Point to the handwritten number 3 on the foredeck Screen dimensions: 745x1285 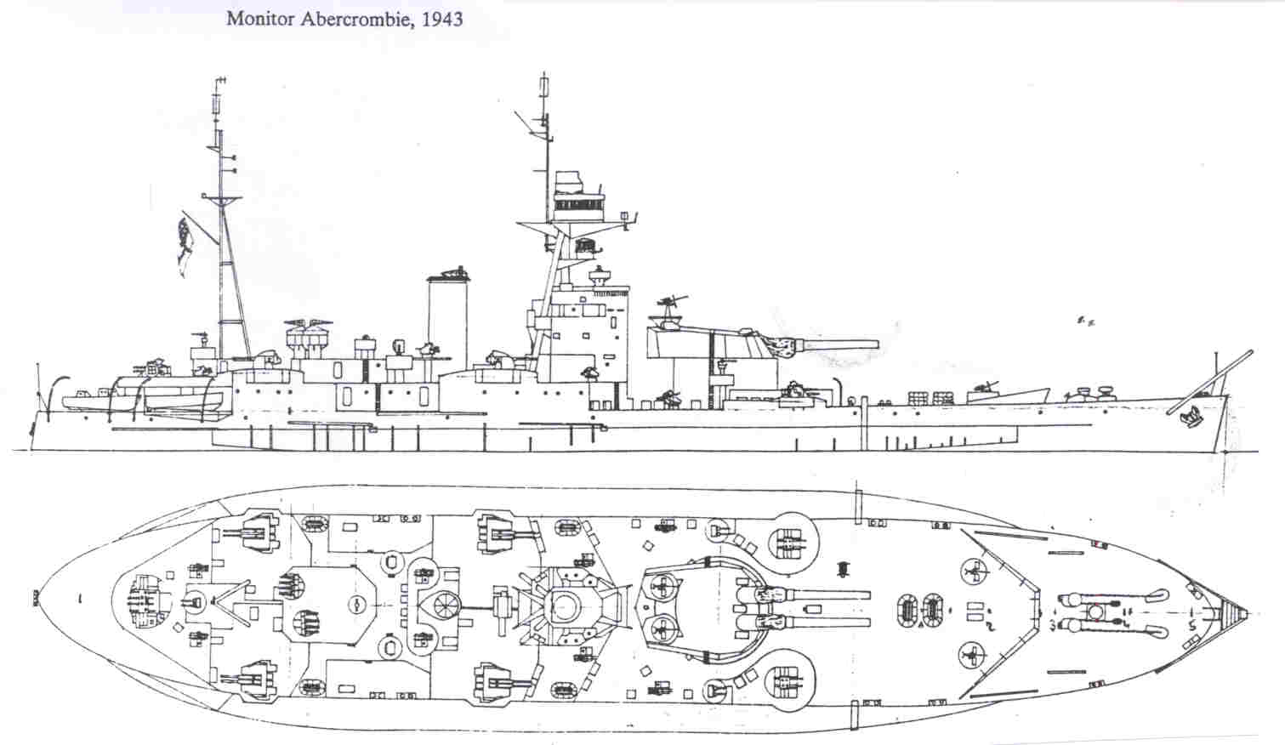[x=1053, y=625]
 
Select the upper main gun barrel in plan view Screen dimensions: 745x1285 [x=816, y=593]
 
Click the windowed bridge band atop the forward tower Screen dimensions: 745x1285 [x=574, y=203]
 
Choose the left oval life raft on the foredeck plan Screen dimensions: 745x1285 [x=909, y=609]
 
